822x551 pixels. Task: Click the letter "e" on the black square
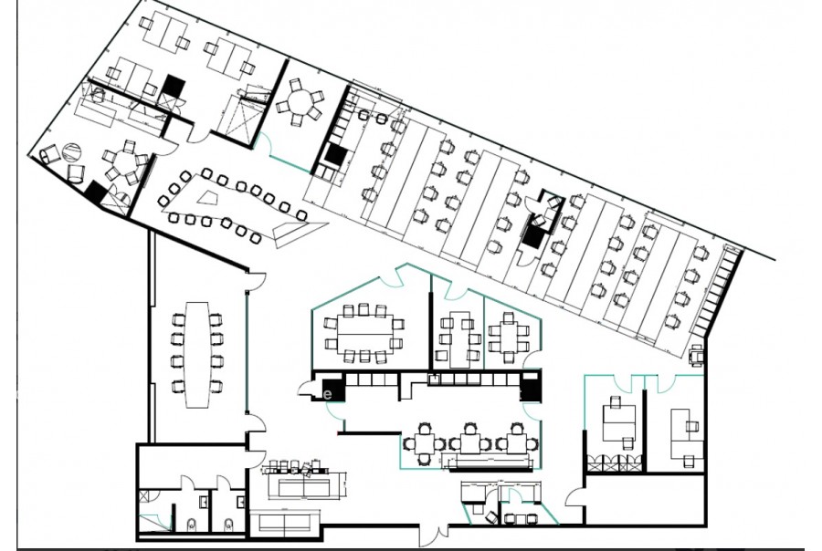click(x=328, y=393)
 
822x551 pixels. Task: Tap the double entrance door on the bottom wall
click(x=434, y=535)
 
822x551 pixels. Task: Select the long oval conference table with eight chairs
click(x=197, y=354)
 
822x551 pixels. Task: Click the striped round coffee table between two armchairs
click(x=72, y=153)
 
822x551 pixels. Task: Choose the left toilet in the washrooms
click(x=191, y=524)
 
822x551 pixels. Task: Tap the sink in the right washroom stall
click(x=240, y=503)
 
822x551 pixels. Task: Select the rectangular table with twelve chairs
click(x=364, y=333)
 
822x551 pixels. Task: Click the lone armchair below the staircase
click(x=697, y=354)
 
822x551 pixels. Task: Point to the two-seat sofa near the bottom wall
click(x=284, y=521)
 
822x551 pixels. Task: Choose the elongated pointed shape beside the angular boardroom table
click(x=300, y=231)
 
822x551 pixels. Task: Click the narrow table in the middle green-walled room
click(x=459, y=338)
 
